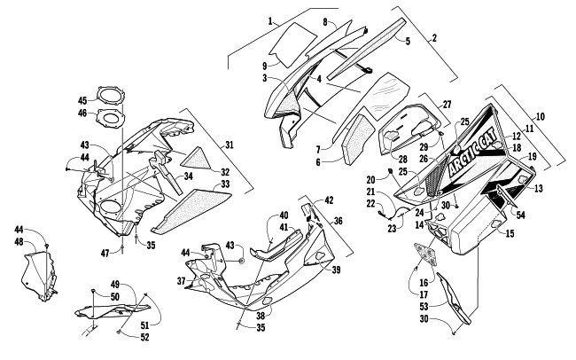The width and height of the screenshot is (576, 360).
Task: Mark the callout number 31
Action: (229, 145)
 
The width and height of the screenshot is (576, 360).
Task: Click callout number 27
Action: (446, 105)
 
